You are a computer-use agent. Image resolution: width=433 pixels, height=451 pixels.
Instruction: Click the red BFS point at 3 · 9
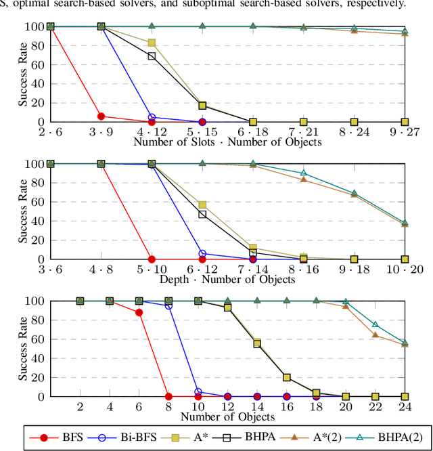pyautogui.click(x=101, y=116)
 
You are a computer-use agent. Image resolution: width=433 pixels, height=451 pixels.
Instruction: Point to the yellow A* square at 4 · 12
pyautogui.click(x=152, y=43)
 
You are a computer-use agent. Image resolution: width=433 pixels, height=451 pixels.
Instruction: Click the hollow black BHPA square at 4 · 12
pyautogui.click(x=152, y=56)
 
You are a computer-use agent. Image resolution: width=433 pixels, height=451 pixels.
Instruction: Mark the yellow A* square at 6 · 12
pyautogui.click(x=202, y=205)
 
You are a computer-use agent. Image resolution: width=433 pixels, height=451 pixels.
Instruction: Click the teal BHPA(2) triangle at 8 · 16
pyautogui.click(x=304, y=173)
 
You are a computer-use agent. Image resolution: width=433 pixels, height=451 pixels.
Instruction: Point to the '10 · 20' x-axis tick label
pyautogui.click(x=405, y=269)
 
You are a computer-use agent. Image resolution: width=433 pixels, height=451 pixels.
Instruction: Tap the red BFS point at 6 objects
pyautogui.click(x=139, y=312)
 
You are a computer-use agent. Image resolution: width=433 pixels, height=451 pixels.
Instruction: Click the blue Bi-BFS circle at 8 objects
pyautogui.click(x=168, y=305)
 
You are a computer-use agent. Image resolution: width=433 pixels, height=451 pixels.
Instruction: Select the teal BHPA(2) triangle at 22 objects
pyautogui.click(x=375, y=325)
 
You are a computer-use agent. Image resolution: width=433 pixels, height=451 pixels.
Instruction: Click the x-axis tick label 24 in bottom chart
pyautogui.click(x=405, y=406)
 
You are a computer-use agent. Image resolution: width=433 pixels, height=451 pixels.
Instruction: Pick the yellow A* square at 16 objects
pyautogui.click(x=287, y=377)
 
